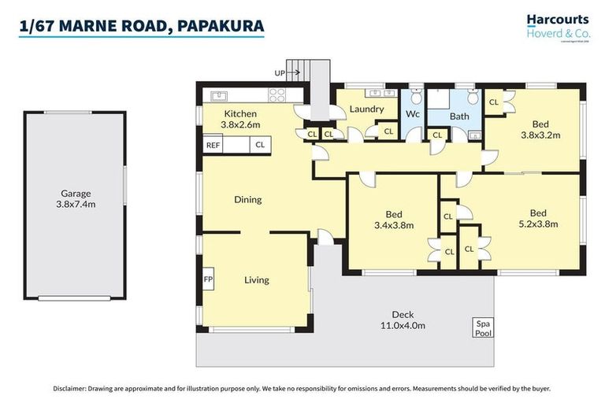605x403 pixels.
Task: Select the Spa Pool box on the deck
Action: (x=481, y=328)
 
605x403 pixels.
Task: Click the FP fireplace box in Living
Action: (x=208, y=279)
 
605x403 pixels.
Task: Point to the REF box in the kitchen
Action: (x=213, y=146)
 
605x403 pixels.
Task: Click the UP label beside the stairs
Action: (x=280, y=73)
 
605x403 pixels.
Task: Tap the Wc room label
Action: (x=412, y=113)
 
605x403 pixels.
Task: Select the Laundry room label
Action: (x=366, y=109)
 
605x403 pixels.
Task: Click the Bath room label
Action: (x=458, y=116)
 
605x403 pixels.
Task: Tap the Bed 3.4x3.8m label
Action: (x=393, y=220)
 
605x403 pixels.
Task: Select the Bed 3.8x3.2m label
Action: (x=540, y=129)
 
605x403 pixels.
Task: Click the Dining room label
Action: (x=247, y=199)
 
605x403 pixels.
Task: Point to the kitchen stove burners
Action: (x=277, y=95)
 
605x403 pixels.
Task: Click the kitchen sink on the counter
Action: (x=218, y=96)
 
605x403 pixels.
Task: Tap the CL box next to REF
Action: (x=259, y=146)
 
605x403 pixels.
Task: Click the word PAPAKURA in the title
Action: (x=221, y=26)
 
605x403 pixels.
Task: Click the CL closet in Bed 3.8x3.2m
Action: (x=495, y=102)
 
